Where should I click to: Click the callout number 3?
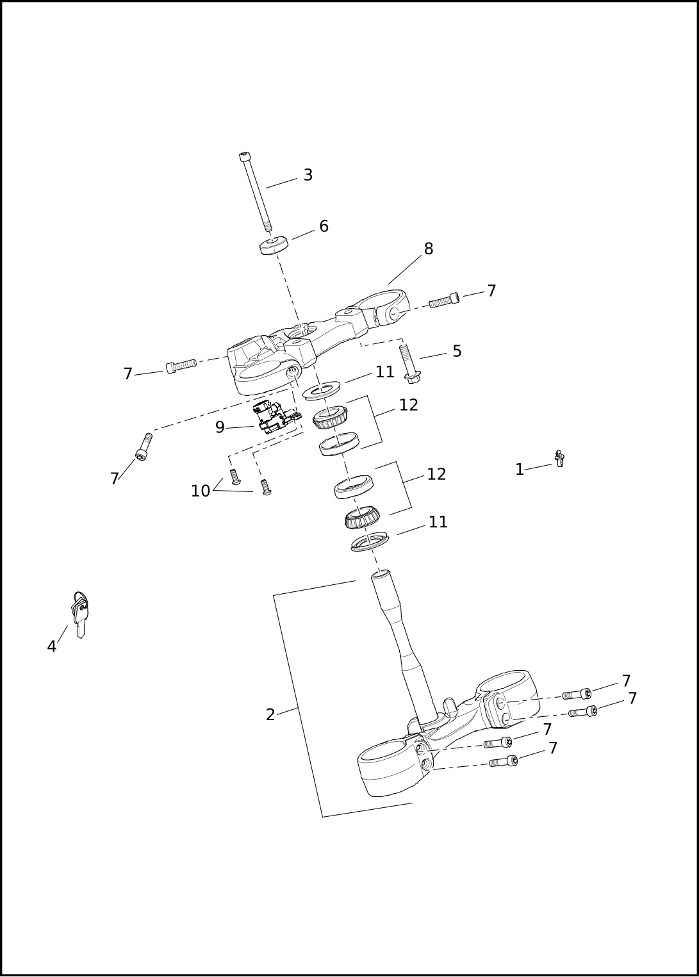click(308, 175)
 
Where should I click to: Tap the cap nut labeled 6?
click(274, 245)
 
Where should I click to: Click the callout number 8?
click(429, 249)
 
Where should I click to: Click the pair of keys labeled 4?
click(79, 613)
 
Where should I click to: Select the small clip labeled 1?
click(559, 459)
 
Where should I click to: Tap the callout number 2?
click(270, 715)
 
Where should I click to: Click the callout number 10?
click(201, 491)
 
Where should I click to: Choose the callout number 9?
click(220, 427)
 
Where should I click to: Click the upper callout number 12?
click(408, 405)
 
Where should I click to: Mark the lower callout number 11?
click(438, 522)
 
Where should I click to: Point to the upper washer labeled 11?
click(322, 390)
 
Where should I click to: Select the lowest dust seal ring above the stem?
click(370, 542)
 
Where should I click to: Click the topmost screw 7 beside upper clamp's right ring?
click(443, 300)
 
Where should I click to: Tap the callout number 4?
click(52, 647)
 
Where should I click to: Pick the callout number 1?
click(520, 470)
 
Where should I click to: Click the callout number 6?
click(324, 226)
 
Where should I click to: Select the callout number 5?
click(457, 351)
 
